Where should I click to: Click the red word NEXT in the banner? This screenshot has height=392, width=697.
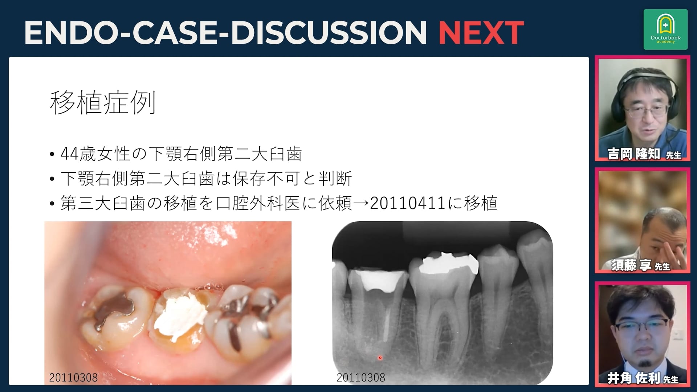pos(481,33)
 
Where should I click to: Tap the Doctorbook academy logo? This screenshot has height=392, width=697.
pos(665,29)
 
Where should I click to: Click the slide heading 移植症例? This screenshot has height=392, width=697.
pos(103,102)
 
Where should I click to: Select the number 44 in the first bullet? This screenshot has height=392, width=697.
pos(69,154)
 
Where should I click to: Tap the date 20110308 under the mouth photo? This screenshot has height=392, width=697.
pos(73,377)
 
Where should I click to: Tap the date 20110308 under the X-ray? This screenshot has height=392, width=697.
pos(361,377)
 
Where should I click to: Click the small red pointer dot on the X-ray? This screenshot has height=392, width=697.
pos(380,358)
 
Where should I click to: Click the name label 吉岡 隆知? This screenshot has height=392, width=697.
pos(634,154)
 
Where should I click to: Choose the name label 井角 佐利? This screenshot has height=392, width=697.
pos(633,378)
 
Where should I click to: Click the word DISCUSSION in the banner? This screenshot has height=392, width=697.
pos(329,33)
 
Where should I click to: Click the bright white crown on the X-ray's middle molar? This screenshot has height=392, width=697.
pos(448,263)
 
